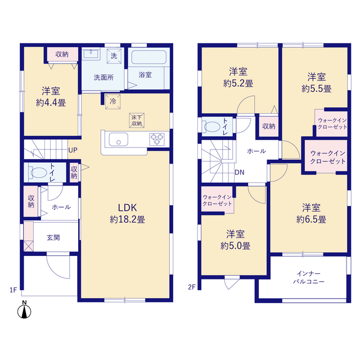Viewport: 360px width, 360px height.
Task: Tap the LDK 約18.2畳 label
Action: [128, 214]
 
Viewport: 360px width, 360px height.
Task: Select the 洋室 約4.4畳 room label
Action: [51, 97]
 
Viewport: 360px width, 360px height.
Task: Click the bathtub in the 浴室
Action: [148, 57]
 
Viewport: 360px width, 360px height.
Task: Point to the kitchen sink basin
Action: [119, 139]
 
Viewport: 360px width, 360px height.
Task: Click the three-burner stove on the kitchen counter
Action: [157, 139]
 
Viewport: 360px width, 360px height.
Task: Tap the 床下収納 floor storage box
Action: [137, 120]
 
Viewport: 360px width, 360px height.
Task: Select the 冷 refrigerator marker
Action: [112, 101]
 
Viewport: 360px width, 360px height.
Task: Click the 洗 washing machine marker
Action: [114, 56]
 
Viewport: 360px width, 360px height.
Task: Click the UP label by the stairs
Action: [73, 150]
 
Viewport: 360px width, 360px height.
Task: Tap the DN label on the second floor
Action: [239, 173]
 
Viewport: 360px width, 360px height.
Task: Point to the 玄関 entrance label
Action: [53, 237]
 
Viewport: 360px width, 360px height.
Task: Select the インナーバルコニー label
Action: [309, 277]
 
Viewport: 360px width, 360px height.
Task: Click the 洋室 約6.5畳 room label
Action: [311, 214]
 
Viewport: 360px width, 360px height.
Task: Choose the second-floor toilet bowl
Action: [212, 127]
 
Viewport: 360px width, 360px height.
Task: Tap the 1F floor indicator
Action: [13, 290]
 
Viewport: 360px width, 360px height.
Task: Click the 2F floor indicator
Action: [192, 287]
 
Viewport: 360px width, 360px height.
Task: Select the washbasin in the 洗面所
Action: [91, 54]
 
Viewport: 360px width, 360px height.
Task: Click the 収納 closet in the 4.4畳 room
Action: [62, 55]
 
